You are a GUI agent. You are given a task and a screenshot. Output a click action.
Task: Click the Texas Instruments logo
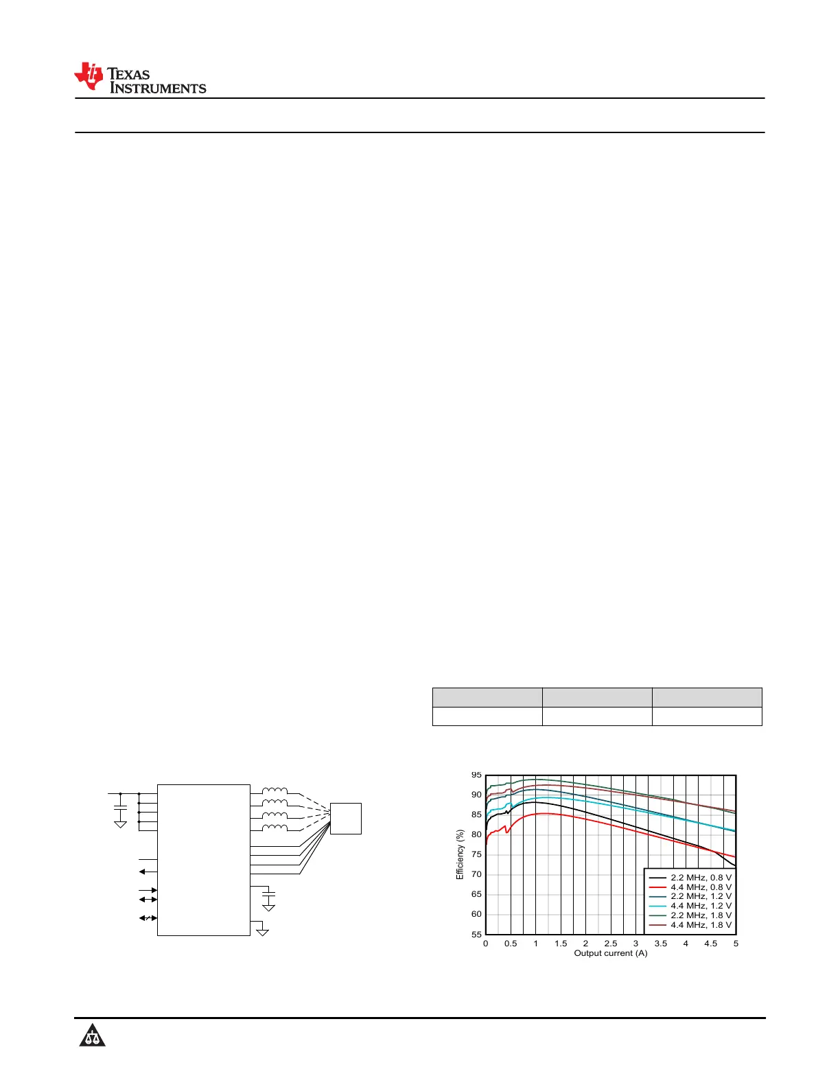pyautogui.click(x=140, y=78)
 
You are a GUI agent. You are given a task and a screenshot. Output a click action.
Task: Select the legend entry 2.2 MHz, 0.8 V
pyautogui.click(x=690, y=878)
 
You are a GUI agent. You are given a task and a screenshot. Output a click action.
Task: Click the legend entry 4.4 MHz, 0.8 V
pyautogui.click(x=690, y=887)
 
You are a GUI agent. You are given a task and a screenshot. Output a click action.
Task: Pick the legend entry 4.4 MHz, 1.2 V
pyautogui.click(x=690, y=905)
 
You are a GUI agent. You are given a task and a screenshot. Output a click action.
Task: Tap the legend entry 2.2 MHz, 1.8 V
pyautogui.click(x=690, y=915)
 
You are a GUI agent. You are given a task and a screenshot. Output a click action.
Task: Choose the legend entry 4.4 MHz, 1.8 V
pyautogui.click(x=690, y=924)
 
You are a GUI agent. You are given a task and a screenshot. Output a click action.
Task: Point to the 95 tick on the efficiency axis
pyautogui.click(x=476, y=775)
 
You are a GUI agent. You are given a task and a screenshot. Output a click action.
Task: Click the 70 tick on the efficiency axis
pyautogui.click(x=476, y=874)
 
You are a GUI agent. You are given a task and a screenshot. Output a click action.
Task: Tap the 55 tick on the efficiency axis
pyautogui.click(x=476, y=934)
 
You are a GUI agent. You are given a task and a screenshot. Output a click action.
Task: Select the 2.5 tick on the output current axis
pyautogui.click(x=610, y=944)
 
